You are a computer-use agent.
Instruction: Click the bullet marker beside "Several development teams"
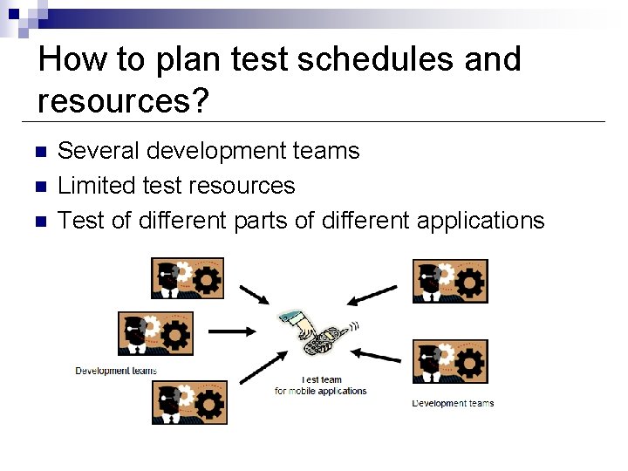point(38,152)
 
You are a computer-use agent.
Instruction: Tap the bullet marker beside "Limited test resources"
point(38,187)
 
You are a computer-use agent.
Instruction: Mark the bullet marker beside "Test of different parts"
point(38,222)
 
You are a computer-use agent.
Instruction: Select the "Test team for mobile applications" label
point(321,386)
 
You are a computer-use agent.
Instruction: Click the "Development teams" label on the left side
point(116,371)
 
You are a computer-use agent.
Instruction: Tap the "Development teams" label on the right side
point(453,403)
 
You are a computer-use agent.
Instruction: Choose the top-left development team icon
point(188,279)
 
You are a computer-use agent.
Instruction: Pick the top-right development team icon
point(450,281)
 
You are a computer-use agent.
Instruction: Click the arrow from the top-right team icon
point(371,296)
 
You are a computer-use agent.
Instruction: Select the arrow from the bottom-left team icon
point(261,367)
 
